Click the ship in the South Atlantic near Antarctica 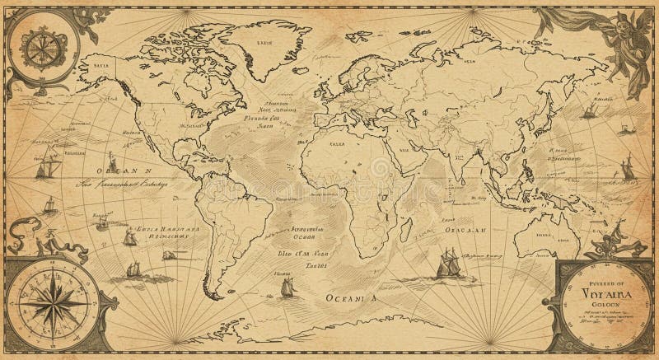(287, 286)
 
